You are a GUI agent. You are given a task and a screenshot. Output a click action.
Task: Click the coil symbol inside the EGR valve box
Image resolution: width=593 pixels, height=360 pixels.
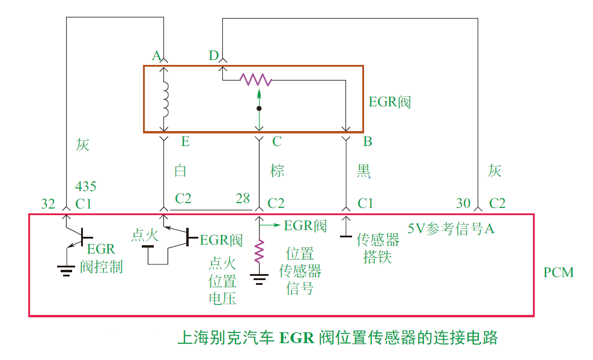[x=166, y=99]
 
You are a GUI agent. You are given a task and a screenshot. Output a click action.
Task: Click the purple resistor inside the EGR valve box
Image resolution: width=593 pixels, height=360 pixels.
[x=256, y=79]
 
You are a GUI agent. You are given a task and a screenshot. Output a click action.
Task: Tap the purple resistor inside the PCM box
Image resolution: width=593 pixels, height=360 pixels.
[x=259, y=252]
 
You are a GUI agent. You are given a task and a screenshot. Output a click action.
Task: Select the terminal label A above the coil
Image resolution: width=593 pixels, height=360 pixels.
[x=156, y=56]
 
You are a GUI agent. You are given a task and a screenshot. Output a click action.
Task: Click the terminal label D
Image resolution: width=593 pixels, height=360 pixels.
[x=213, y=56]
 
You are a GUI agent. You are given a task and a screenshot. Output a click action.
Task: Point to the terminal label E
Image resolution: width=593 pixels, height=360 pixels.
[x=185, y=142]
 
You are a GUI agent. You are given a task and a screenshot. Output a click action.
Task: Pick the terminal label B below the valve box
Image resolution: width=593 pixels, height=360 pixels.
[x=368, y=142]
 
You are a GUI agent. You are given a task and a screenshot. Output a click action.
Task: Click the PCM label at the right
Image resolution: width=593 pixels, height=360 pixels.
[x=558, y=273]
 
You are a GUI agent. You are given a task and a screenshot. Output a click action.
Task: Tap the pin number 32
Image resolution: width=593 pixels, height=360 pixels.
[x=48, y=203]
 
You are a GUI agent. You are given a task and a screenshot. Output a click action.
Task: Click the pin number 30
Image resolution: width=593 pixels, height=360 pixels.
[x=463, y=203]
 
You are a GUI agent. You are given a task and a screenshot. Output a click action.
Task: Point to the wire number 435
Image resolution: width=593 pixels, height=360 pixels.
[x=86, y=186]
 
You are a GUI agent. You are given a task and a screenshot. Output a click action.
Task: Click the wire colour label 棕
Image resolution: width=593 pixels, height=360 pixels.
[x=277, y=171]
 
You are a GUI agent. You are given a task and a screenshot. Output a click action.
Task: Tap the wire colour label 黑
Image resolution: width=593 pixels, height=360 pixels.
[x=364, y=172]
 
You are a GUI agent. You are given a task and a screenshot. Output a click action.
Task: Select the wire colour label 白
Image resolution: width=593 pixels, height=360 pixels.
[x=181, y=171]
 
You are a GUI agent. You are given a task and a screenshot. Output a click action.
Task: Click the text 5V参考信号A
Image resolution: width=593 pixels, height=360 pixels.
[x=451, y=229]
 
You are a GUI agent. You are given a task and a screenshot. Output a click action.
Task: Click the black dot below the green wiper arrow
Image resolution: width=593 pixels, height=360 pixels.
[x=259, y=109]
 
